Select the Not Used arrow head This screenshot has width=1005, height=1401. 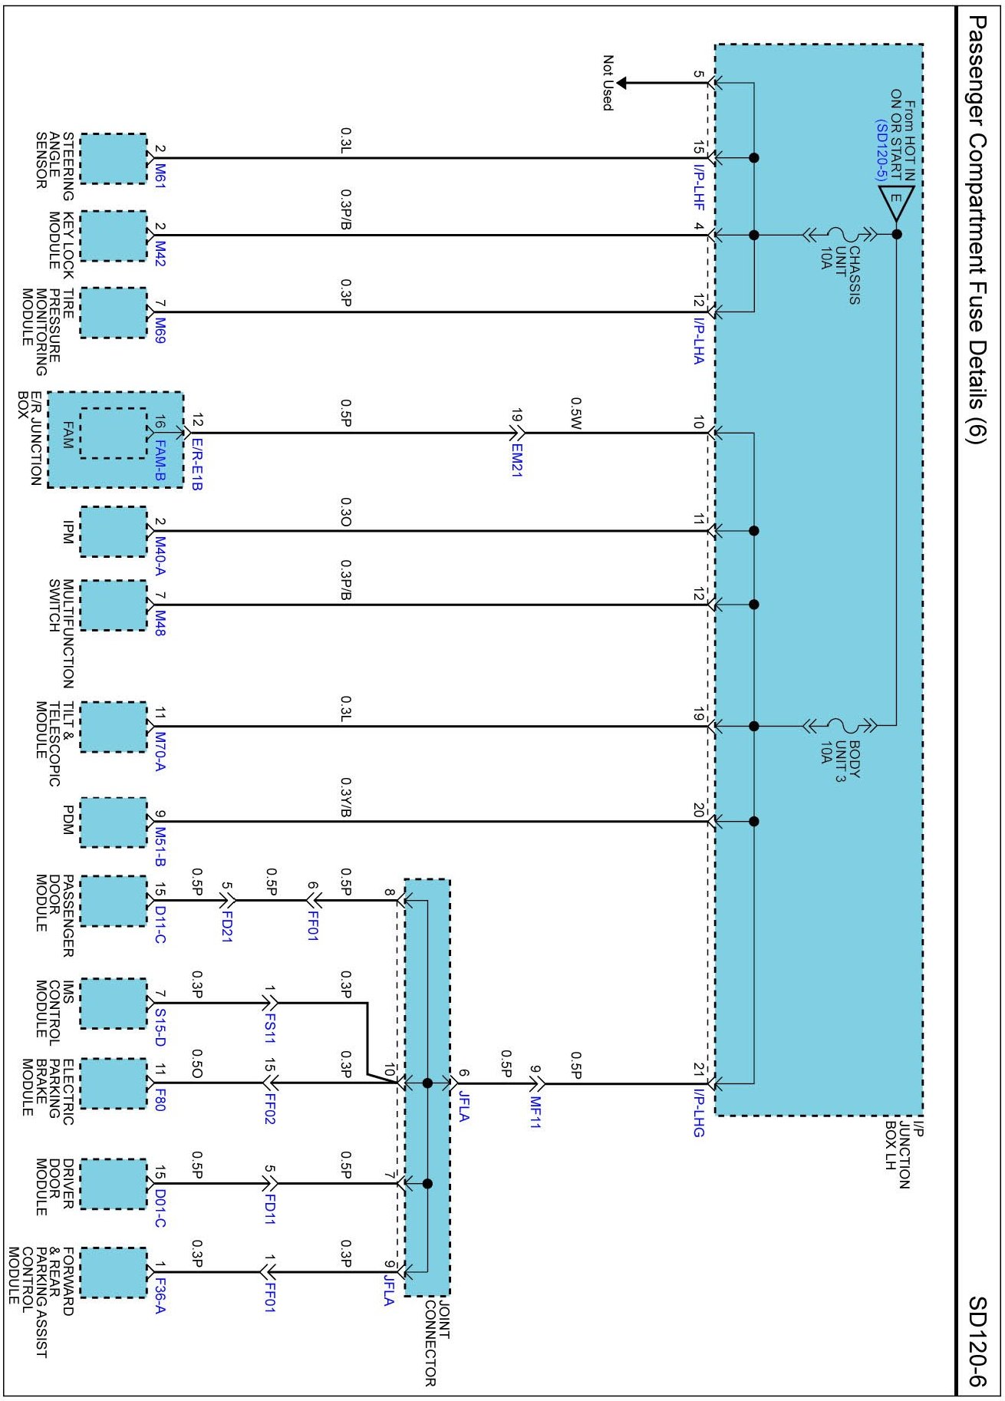coord(622,83)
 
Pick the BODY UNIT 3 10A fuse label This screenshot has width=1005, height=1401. coord(839,760)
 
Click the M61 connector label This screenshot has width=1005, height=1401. coord(160,175)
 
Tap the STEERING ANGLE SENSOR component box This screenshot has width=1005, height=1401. coord(113,158)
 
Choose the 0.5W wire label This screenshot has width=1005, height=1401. coord(575,413)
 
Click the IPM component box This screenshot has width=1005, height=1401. coord(113,532)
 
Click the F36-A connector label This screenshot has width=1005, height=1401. coord(160,1295)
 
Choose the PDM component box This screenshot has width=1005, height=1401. coord(113,822)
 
